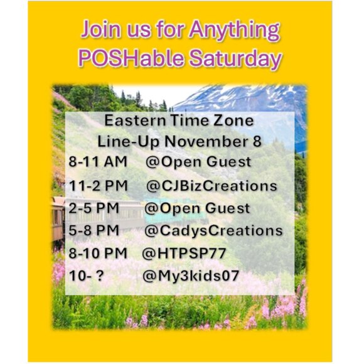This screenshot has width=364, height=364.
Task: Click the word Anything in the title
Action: (234, 31)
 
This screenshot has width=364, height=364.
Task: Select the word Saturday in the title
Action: (235, 60)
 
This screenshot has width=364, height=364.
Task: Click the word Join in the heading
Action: (101, 29)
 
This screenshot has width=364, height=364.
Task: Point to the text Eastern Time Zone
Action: (179, 120)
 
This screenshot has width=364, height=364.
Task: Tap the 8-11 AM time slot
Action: (98, 161)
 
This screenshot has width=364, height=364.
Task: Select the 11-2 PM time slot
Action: (99, 186)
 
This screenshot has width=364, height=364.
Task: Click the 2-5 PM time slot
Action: (94, 208)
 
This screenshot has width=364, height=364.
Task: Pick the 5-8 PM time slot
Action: (94, 230)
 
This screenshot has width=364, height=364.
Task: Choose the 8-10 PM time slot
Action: (98, 253)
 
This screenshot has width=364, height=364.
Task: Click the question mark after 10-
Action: (99, 276)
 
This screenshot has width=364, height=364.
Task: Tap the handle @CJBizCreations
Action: (211, 186)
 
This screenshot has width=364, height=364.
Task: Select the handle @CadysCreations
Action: (213, 231)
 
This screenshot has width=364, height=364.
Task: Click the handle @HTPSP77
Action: (184, 254)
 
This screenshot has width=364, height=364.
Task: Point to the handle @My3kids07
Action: (191, 276)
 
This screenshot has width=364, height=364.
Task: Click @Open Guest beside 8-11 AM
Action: (198, 162)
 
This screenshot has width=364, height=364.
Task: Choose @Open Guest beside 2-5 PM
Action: (197, 208)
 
